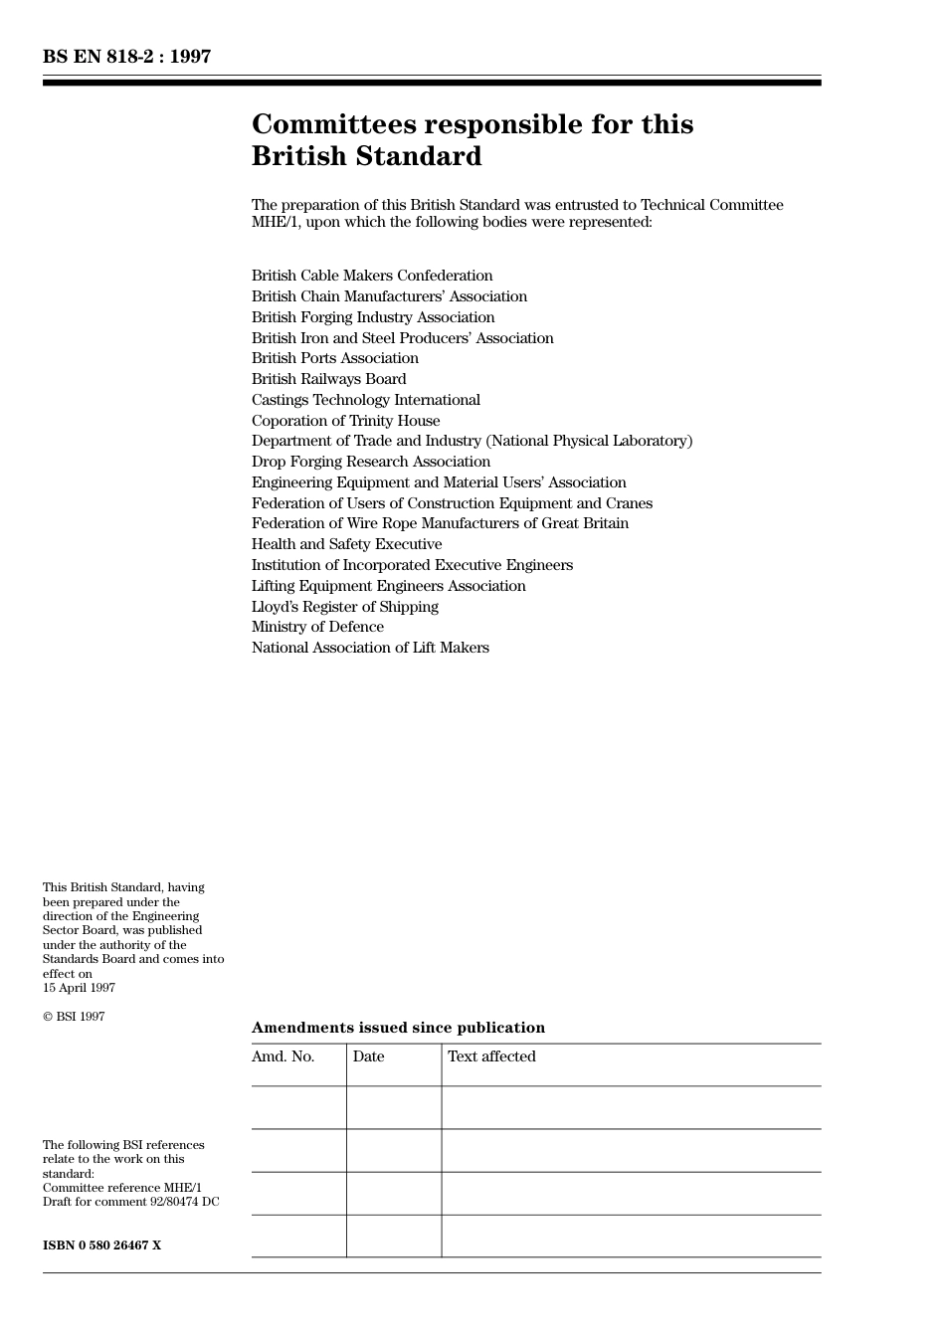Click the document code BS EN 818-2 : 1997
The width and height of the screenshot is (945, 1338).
click(x=126, y=57)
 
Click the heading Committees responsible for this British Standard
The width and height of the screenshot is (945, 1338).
click(x=472, y=140)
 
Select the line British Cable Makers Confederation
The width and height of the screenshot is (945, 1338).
click(x=372, y=276)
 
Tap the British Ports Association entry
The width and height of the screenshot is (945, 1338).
click(x=335, y=358)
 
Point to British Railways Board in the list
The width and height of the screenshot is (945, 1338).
click(x=329, y=379)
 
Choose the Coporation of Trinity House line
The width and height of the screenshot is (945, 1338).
click(x=345, y=421)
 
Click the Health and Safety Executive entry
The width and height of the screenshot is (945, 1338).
click(x=346, y=544)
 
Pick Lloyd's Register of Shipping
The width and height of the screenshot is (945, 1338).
click(x=345, y=607)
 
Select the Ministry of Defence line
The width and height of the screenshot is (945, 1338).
click(x=317, y=627)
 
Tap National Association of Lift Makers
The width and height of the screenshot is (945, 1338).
click(x=370, y=648)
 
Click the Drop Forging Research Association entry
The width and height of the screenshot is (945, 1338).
click(x=371, y=462)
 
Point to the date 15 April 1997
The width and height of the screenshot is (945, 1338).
click(x=79, y=988)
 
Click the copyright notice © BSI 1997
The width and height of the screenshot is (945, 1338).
click(x=74, y=1017)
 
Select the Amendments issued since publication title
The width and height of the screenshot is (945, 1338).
click(x=398, y=1028)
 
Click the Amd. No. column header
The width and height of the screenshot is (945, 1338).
click(x=283, y=1056)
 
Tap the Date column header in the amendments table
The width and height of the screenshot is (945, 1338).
click(x=368, y=1056)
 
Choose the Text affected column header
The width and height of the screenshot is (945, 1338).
click(x=491, y=1056)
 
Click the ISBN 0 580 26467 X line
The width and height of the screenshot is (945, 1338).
click(x=101, y=1245)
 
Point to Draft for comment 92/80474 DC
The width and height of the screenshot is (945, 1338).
click(x=131, y=1202)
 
